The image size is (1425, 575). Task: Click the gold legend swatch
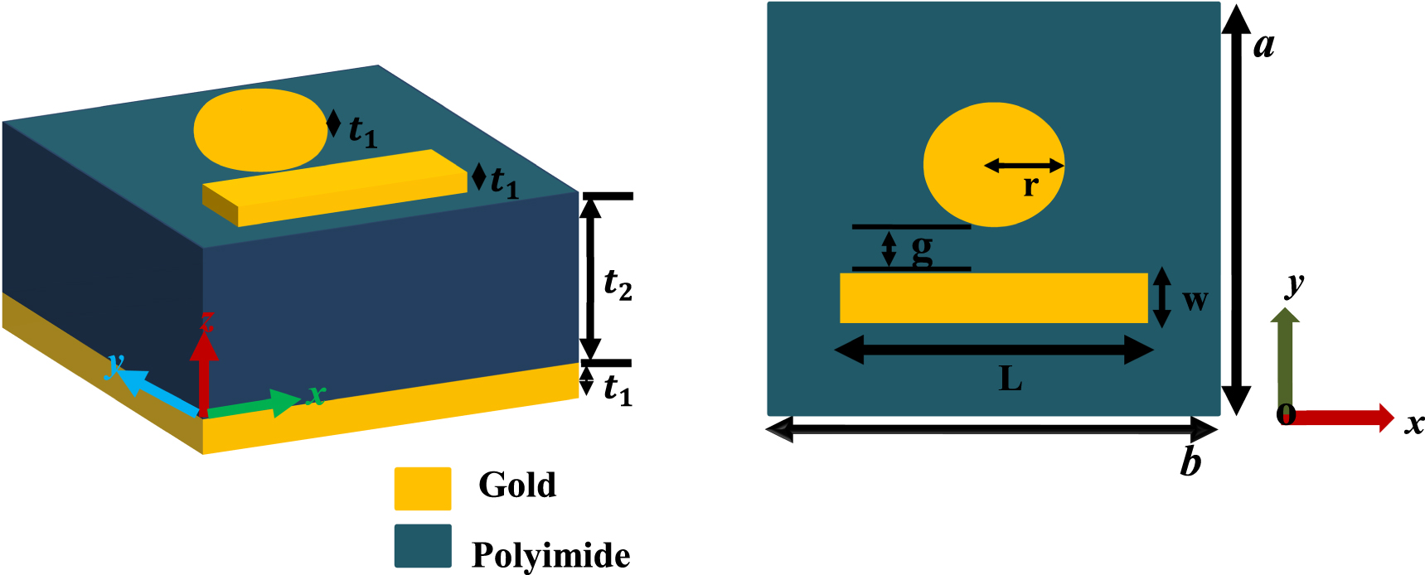(423, 488)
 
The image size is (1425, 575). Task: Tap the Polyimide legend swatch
(423, 546)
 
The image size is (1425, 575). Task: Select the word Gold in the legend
(517, 485)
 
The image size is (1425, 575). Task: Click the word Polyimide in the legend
(550, 554)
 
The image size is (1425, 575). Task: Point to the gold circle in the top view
(994, 165)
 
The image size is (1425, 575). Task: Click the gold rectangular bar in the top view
(994, 298)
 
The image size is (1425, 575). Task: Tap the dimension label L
(1011, 379)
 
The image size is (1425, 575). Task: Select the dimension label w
(1195, 300)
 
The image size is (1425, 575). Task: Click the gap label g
(922, 250)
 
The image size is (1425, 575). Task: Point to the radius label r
(1030, 186)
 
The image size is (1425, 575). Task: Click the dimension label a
(1263, 46)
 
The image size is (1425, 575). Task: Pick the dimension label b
(1190, 461)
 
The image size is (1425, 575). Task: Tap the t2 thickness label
(618, 285)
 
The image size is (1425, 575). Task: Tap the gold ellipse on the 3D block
(260, 130)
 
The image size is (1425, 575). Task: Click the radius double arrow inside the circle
(1024, 166)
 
